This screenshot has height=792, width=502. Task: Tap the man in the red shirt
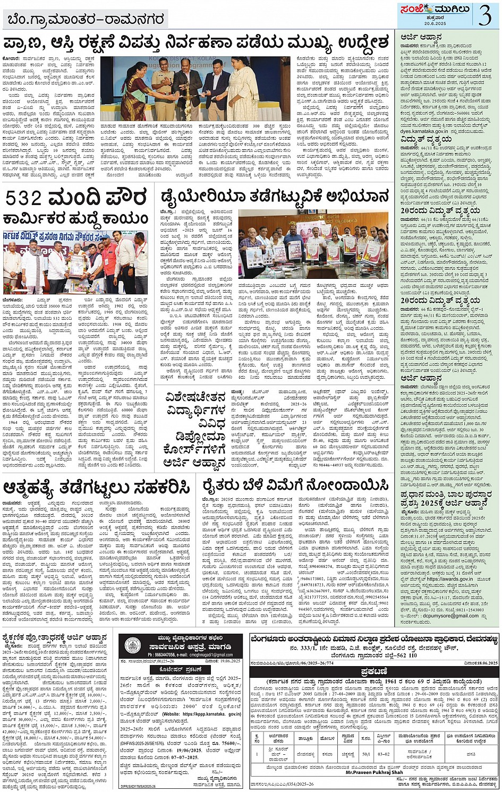coord(108,263)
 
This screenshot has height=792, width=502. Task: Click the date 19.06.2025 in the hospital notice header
coord(220,662)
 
